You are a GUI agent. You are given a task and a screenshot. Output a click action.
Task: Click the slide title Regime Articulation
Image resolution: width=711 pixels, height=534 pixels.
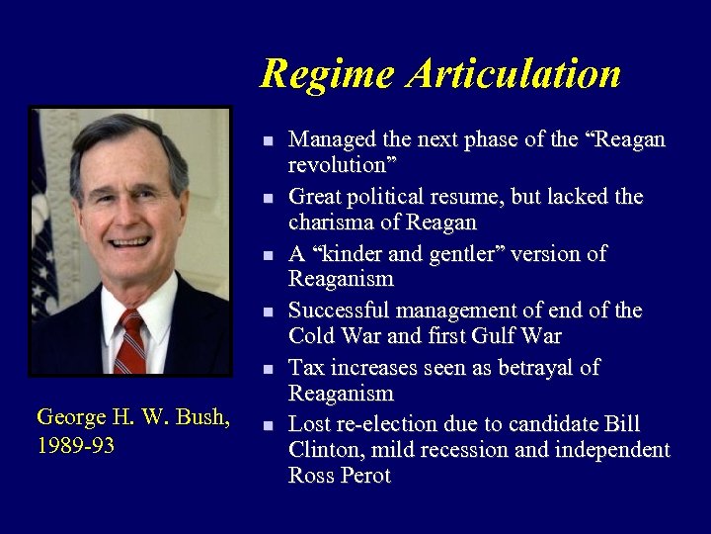[x=440, y=74]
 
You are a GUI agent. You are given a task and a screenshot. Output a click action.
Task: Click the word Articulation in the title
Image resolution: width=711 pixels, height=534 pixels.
[x=515, y=74]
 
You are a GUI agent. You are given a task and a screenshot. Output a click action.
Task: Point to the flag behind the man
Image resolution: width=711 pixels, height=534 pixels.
[x=44, y=218]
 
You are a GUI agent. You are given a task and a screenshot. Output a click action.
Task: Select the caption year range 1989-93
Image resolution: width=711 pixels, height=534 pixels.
[x=75, y=446]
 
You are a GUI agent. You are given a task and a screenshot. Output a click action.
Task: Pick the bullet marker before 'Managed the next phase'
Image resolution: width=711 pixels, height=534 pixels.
[x=268, y=141]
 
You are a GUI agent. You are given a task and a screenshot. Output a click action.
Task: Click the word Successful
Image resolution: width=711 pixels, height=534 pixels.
[x=337, y=311]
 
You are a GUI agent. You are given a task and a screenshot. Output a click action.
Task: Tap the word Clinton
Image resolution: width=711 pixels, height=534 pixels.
[x=326, y=450]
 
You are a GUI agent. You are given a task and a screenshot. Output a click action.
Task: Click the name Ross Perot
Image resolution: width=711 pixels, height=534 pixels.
[x=340, y=476]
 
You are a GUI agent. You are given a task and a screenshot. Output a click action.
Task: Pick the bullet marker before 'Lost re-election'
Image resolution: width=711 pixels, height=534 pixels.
[x=268, y=426]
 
